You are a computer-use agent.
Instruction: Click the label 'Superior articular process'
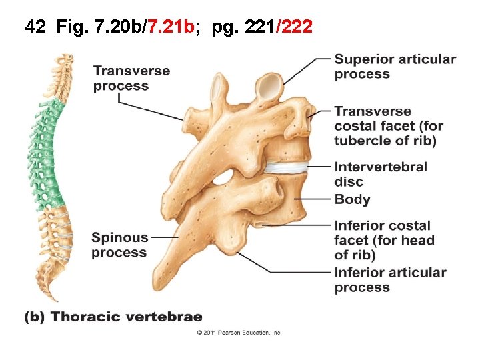395,66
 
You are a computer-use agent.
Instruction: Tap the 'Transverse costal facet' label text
388,125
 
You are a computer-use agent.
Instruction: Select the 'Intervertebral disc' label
381,174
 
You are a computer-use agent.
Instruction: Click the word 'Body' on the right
352,199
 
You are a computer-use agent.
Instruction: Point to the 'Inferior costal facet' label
384,240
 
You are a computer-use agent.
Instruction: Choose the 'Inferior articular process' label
390,279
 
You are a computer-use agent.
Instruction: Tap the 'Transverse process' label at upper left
131,78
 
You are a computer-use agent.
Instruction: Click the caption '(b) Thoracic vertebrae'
113,317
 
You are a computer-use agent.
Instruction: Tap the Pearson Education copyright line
239,332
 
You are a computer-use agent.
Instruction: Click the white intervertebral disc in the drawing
287,167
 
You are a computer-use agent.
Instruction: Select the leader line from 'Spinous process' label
165,237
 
